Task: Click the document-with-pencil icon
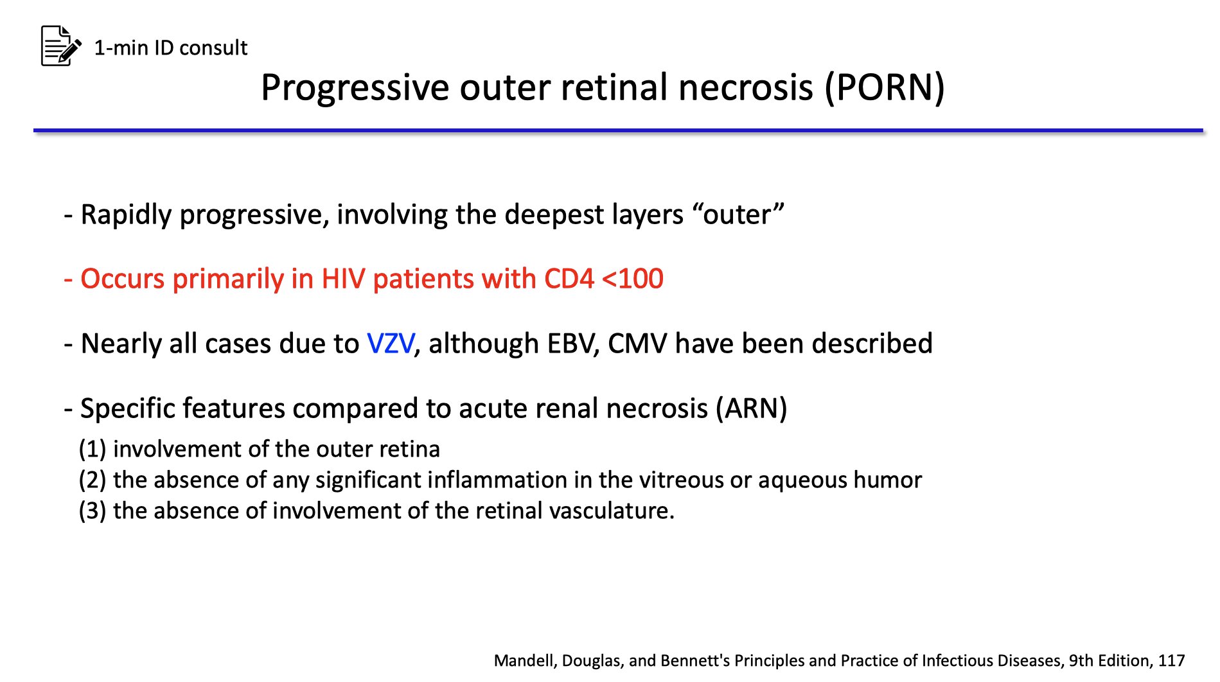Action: click(x=61, y=46)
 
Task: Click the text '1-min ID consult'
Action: click(x=170, y=48)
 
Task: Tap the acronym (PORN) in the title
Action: click(x=885, y=87)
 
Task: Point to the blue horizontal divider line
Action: click(x=617, y=130)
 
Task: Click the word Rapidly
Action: click(x=126, y=214)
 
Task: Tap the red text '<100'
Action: click(x=632, y=279)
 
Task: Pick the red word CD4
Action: click(x=569, y=279)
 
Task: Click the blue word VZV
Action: click(x=391, y=344)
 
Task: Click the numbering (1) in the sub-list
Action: click(x=92, y=449)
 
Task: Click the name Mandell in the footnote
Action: click(x=525, y=660)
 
